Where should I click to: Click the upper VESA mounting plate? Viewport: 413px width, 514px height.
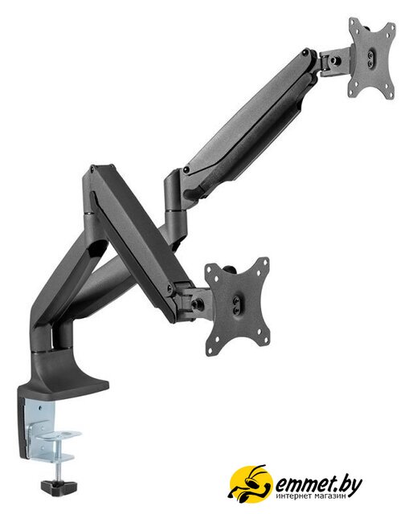[372, 59]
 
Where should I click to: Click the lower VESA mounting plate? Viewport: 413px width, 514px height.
[237, 306]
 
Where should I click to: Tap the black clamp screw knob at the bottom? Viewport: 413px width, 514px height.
[59, 487]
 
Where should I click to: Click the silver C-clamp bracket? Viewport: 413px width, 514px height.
[49, 430]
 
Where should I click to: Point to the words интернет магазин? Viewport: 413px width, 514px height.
[311, 496]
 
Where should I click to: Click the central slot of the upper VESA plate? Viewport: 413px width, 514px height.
[370, 59]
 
